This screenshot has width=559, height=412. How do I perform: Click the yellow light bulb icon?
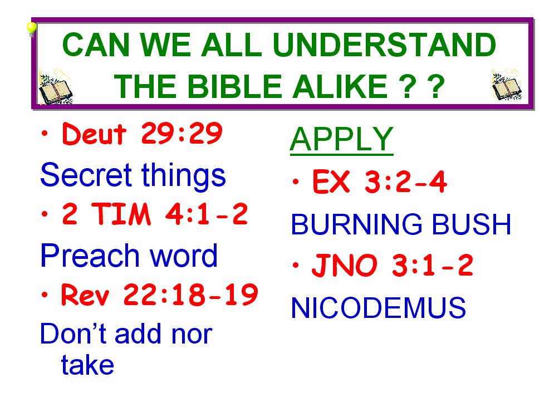click(31, 29)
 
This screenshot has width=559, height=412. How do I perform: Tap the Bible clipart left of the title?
click(55, 87)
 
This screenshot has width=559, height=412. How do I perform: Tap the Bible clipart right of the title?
click(507, 85)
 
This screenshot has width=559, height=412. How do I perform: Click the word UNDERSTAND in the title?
click(384, 45)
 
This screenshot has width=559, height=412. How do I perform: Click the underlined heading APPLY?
click(341, 139)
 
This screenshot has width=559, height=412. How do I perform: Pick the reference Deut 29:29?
click(142, 134)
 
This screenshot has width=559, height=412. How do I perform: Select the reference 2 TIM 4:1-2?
click(155, 214)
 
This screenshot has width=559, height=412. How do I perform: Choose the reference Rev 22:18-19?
click(159, 295)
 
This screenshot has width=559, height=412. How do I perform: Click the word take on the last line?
click(88, 365)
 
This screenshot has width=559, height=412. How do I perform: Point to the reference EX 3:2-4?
click(380, 182)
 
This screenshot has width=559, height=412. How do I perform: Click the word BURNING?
click(357, 224)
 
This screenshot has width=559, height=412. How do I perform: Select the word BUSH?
click(472, 224)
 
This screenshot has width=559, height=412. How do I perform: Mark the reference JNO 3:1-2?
click(392, 265)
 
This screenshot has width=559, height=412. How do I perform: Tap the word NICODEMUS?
click(379, 307)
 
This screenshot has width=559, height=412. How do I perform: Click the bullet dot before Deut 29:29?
click(45, 134)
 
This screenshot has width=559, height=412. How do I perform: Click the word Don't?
click(73, 333)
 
